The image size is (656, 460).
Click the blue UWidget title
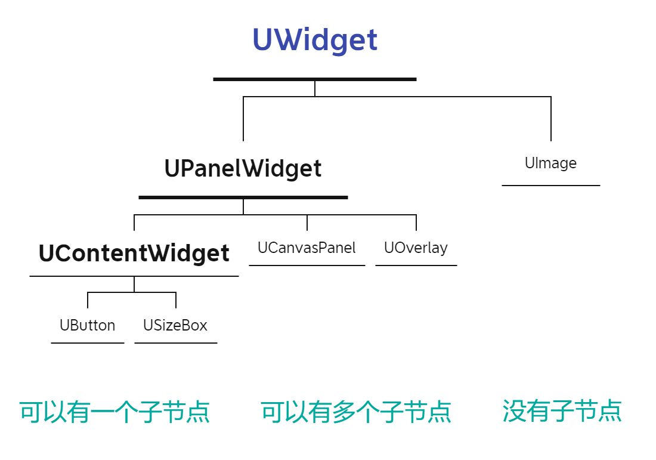coord(315,40)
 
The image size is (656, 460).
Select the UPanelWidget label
coord(243,169)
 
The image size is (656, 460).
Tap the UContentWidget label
coord(134,253)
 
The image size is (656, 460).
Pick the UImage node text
coord(550,163)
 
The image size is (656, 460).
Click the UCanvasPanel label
coord(307,248)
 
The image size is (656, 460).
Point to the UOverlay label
coord(416,248)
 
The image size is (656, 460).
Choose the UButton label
coord(88,325)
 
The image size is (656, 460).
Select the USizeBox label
coord(175,325)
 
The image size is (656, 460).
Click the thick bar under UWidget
coord(315,79)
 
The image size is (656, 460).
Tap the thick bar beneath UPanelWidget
coord(243,197)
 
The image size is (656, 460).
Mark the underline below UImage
coord(551,185)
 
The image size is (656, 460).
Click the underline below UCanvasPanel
coord(307,265)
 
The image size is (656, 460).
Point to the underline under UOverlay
coord(416,265)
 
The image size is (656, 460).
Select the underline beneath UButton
coord(88,343)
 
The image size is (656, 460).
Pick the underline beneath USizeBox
coord(176,343)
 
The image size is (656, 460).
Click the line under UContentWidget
coord(134,276)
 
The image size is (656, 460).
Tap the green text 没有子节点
coord(562,411)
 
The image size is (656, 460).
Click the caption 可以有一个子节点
coord(115,412)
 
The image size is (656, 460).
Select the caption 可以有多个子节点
coord(356,412)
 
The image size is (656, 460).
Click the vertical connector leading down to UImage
coord(551,119)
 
